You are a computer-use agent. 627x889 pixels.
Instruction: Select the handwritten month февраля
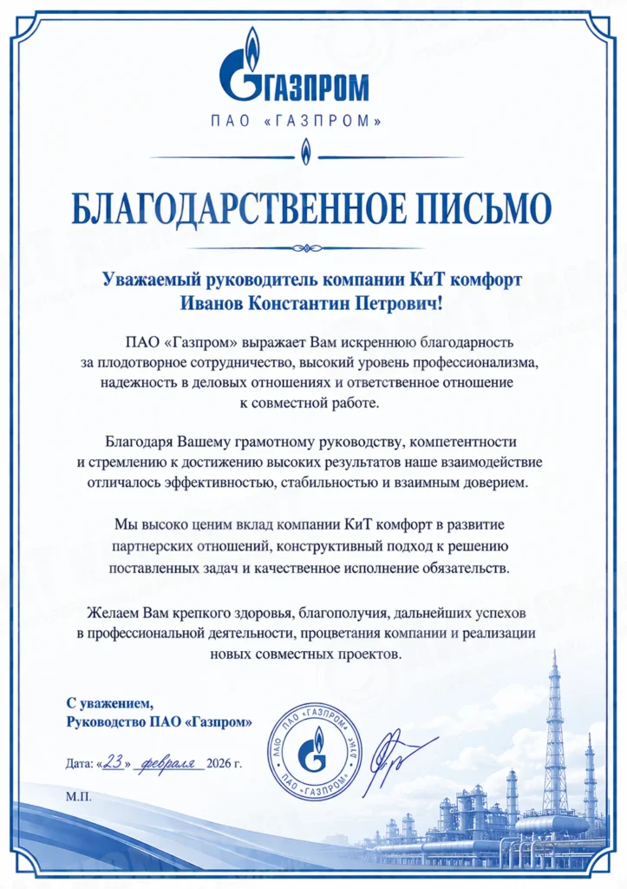(170, 763)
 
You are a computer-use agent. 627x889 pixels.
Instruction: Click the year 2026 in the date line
(221, 764)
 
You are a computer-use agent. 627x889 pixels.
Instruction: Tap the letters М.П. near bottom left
(77, 795)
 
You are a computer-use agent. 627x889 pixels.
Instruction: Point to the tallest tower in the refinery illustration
(554, 729)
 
